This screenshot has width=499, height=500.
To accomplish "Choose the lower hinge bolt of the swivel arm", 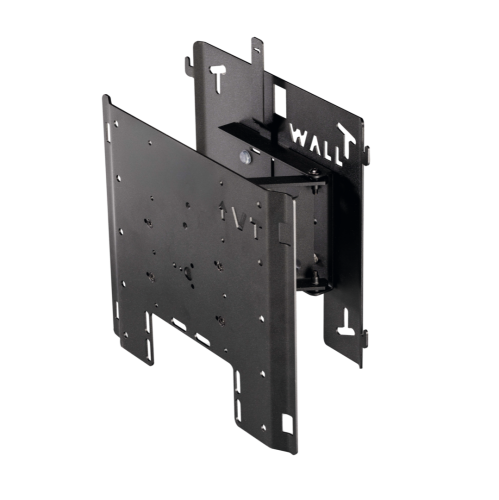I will (x=315, y=281).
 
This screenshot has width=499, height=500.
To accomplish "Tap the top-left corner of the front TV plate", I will (x=106, y=97).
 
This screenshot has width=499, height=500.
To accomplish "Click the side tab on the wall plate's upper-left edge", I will (x=187, y=67).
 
